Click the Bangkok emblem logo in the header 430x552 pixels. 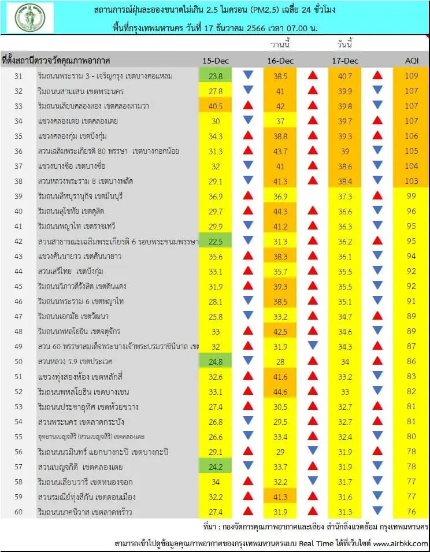point(30,17)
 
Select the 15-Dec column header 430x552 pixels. point(216,61)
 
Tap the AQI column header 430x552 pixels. point(412,61)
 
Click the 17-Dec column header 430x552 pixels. point(345,61)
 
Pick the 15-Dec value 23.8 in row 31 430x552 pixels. point(216,76)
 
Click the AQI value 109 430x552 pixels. point(411,76)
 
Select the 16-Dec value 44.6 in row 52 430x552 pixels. point(280,392)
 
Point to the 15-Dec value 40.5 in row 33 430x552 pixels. point(216,106)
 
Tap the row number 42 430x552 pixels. point(18,241)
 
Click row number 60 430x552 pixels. point(18,512)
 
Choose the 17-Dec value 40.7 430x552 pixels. point(345,76)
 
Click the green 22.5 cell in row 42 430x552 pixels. point(216,241)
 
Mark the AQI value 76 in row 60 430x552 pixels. point(411,512)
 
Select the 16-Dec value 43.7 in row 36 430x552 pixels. point(280,151)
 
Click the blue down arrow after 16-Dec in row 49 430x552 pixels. point(313,345)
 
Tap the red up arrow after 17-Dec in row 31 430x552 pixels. point(377,75)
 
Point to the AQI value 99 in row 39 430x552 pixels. point(411,196)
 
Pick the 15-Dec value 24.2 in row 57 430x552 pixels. point(216,467)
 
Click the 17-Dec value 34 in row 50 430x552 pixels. point(345,362)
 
